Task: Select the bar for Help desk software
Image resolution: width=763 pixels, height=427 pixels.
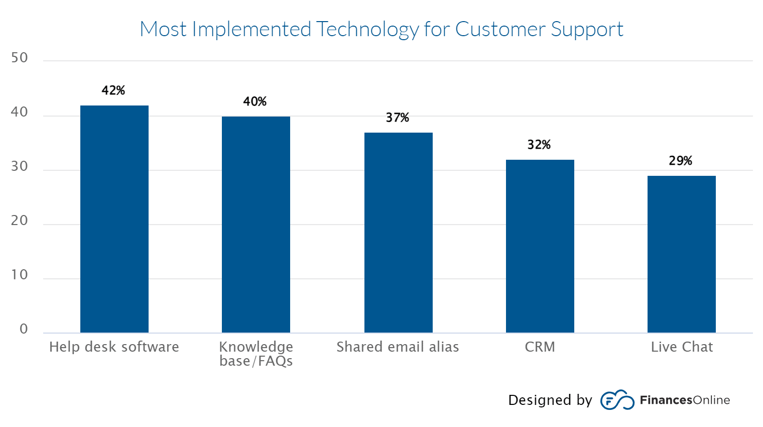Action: (114, 219)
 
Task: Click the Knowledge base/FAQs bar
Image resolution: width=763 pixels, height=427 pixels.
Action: (256, 225)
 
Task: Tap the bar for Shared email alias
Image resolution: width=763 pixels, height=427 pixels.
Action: (398, 233)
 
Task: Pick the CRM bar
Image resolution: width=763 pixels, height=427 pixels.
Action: (540, 246)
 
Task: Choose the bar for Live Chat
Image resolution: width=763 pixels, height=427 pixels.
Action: (681, 254)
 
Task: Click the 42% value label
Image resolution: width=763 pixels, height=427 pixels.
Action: (113, 90)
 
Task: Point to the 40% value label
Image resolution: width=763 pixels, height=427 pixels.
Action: (255, 101)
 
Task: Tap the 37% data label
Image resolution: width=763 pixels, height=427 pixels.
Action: (398, 118)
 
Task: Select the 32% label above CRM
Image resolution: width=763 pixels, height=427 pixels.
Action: (539, 145)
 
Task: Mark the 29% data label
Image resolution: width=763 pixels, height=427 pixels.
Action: (681, 161)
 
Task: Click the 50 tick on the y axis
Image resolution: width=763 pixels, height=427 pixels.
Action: (20, 58)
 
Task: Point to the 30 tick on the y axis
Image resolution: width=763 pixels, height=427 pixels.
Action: (20, 166)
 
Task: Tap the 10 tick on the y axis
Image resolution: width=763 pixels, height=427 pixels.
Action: (20, 275)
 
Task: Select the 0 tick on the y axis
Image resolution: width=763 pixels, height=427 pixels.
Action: (24, 329)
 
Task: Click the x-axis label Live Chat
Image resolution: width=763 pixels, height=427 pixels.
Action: (682, 347)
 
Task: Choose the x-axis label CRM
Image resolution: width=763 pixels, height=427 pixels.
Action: (540, 347)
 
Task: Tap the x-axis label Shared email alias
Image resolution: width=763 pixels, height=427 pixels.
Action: (398, 347)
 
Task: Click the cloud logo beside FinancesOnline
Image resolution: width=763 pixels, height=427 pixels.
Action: (617, 400)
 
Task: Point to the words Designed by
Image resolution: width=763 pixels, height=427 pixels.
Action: (550, 400)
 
